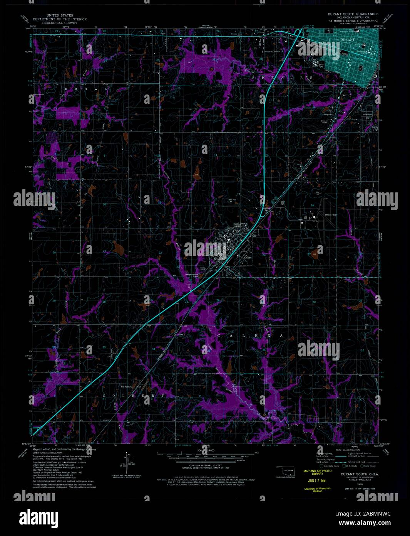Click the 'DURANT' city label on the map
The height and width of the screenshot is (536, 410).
pyautogui.click(x=347, y=39)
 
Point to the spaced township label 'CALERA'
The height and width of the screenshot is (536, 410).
pyautogui.click(x=250, y=336)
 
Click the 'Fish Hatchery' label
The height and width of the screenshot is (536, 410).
pyautogui.click(x=126, y=387)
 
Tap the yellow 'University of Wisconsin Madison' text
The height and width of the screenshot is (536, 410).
pyautogui.click(x=317, y=490)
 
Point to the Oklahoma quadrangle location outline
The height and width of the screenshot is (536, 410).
pyautogui.click(x=285, y=471)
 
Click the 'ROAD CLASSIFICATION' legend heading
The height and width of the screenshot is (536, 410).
pyautogui.click(x=347, y=450)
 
